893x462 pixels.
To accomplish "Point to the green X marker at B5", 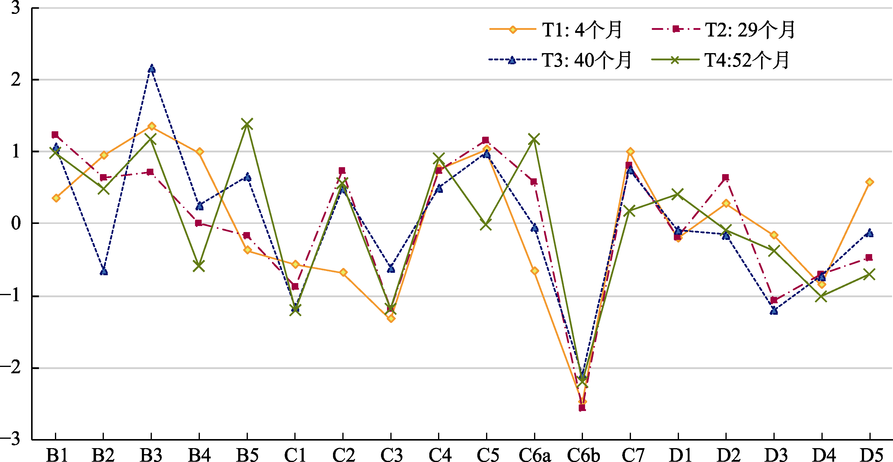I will (247, 124).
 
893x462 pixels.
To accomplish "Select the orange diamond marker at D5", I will (869, 182).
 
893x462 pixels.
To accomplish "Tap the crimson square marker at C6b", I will (582, 408).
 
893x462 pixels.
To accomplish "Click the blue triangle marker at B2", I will (104, 271).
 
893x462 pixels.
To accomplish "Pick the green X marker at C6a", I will (534, 139).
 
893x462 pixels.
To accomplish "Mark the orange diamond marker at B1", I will (56, 198).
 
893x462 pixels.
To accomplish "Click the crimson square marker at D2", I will (725, 178).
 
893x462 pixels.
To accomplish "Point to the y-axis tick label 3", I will (16, 8).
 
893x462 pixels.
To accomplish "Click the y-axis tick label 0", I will (16, 223).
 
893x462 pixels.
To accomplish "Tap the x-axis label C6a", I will (535, 455).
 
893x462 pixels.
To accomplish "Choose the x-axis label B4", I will (199, 455).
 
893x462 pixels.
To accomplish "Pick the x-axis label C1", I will (295, 455).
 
